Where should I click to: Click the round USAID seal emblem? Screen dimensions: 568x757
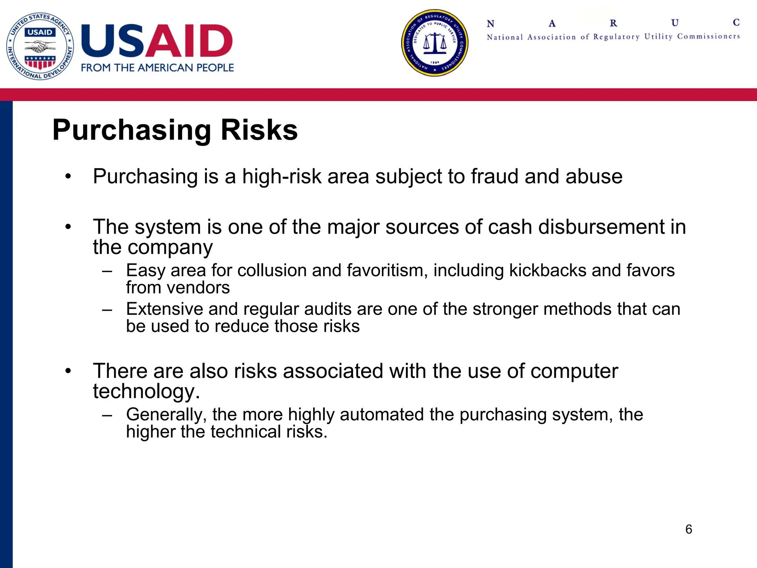[40, 46]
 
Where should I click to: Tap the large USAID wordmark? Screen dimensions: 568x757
[157, 41]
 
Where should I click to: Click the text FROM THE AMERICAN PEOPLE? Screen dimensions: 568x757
[157, 68]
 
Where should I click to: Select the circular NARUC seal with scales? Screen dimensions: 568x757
[435, 43]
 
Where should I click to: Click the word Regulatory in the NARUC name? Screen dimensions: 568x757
[616, 37]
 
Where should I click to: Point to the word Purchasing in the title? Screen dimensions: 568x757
[132, 131]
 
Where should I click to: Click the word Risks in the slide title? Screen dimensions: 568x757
[259, 131]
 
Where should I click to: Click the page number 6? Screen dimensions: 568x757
[689, 529]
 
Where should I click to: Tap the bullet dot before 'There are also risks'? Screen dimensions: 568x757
[68, 371]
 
